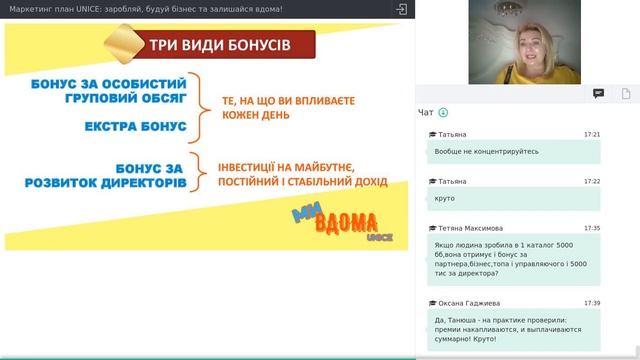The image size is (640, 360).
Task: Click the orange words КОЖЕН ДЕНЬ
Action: pyautogui.click(x=263, y=117)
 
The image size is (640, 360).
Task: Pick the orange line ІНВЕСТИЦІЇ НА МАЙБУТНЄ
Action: pyautogui.click(x=287, y=166)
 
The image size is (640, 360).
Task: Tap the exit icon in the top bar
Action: pyautogui.click(x=401, y=9)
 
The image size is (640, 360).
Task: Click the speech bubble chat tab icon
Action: pyautogui.click(x=598, y=94)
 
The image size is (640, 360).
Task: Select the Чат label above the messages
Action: pyautogui.click(x=426, y=113)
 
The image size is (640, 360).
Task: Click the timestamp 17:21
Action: pyautogui.click(x=592, y=134)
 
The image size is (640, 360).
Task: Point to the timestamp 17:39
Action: pyautogui.click(x=592, y=303)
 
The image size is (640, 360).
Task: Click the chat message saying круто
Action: pyautogui.click(x=444, y=198)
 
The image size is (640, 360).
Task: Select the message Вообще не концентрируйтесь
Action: pyautogui.click(x=487, y=151)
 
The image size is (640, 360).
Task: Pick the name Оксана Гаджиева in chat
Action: pyautogui.click(x=474, y=303)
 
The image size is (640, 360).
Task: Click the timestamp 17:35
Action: pyautogui.click(x=592, y=228)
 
